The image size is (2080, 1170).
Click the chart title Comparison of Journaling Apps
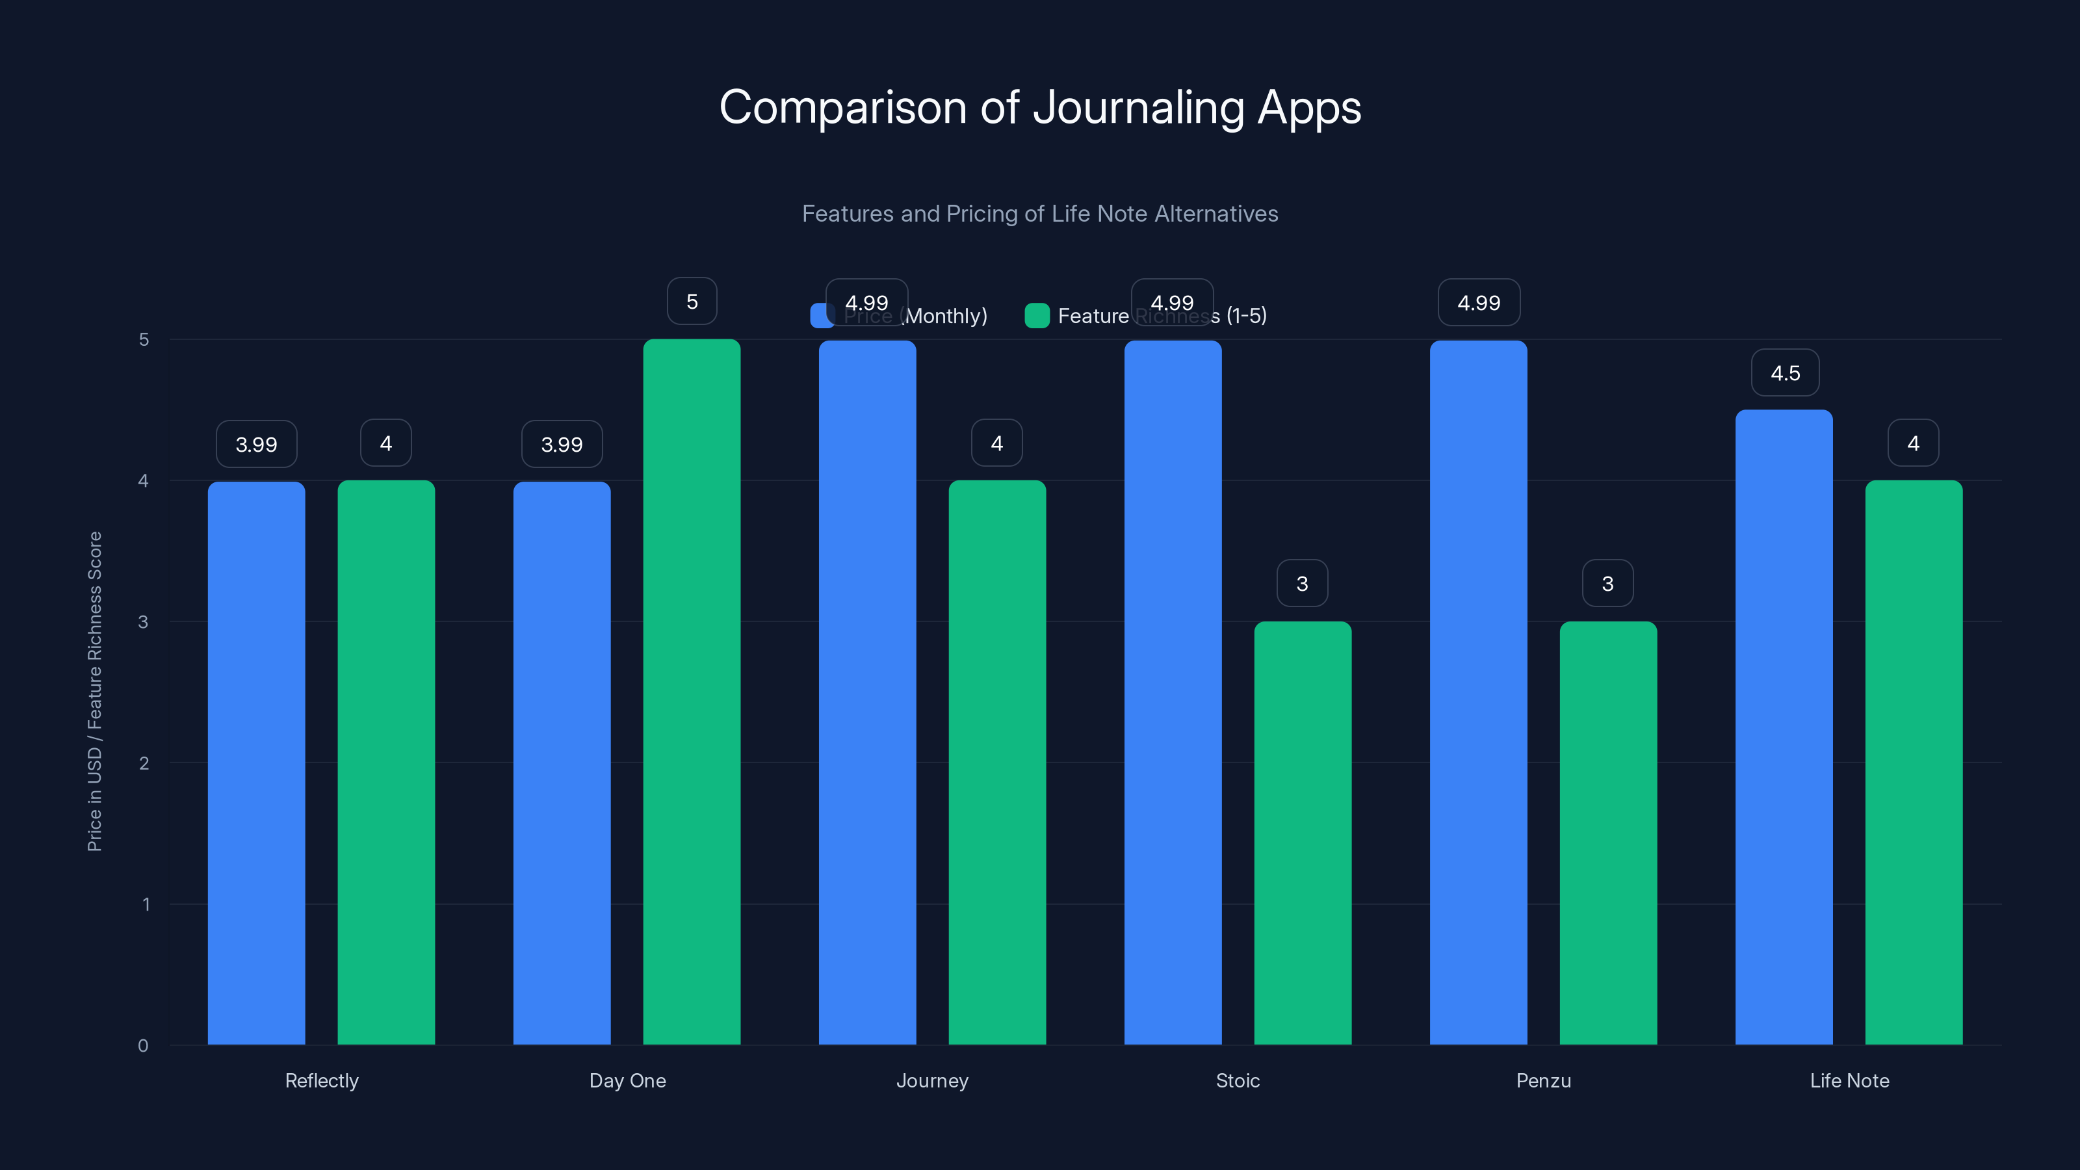pyautogui.click(x=1040, y=107)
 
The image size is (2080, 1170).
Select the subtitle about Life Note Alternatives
pyautogui.click(x=1040, y=214)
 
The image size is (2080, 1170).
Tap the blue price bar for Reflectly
pyautogui.click(x=256, y=763)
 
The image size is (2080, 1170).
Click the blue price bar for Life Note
pyautogui.click(x=1784, y=727)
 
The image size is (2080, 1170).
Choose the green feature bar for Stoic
pyautogui.click(x=1303, y=833)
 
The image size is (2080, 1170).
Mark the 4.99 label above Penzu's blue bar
pyautogui.click(x=1479, y=303)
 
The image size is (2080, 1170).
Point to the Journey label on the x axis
pyautogui.click(x=932, y=1080)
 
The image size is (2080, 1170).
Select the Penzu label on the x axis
pyautogui.click(x=1543, y=1080)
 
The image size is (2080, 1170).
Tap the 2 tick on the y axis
pyautogui.click(x=144, y=763)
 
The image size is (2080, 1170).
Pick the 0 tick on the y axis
pyautogui.click(x=143, y=1046)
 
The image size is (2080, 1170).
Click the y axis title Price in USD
pyautogui.click(x=94, y=691)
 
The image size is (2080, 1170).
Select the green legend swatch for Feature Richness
pyautogui.click(x=1036, y=316)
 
